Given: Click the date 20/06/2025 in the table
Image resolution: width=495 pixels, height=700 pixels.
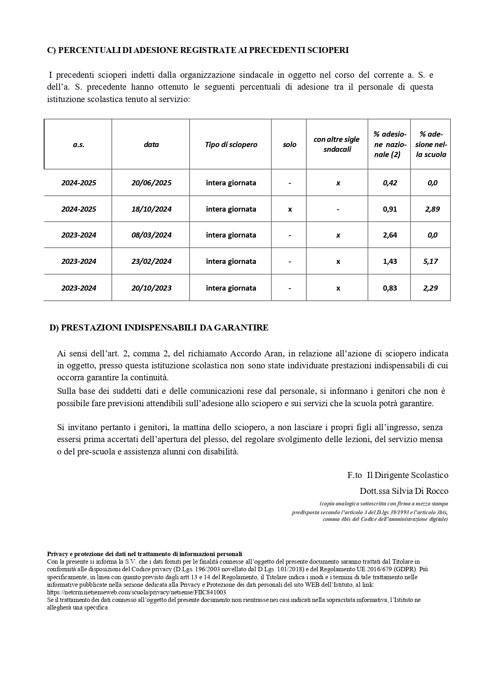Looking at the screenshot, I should (x=151, y=183).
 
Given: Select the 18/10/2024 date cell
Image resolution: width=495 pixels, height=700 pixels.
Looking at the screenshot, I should (x=151, y=209).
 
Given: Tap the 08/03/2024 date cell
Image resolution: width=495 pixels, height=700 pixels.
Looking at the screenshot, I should (x=151, y=235).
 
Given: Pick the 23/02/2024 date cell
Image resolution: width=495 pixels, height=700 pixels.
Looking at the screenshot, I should (x=151, y=262).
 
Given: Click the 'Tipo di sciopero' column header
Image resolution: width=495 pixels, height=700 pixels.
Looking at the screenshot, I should (x=231, y=145).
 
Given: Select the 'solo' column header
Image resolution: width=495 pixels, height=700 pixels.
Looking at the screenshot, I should (x=289, y=145).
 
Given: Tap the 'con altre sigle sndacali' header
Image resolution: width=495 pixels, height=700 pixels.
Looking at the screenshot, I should (x=337, y=144).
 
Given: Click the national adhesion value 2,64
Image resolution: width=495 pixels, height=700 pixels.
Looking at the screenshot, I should (x=390, y=235).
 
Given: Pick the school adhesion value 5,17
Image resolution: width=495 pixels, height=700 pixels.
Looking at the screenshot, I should (x=430, y=262).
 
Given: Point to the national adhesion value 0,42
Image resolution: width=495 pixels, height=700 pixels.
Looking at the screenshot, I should (x=390, y=183).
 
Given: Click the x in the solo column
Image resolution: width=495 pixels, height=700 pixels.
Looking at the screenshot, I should (x=290, y=209).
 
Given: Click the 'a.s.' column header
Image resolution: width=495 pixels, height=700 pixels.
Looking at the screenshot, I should (x=79, y=145).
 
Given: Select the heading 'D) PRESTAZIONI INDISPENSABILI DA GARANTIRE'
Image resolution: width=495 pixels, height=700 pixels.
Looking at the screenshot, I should (x=159, y=328).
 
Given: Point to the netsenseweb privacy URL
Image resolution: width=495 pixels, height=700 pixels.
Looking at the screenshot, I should (x=137, y=592).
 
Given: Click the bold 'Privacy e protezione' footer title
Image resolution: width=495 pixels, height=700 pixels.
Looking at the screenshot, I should (x=144, y=554).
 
